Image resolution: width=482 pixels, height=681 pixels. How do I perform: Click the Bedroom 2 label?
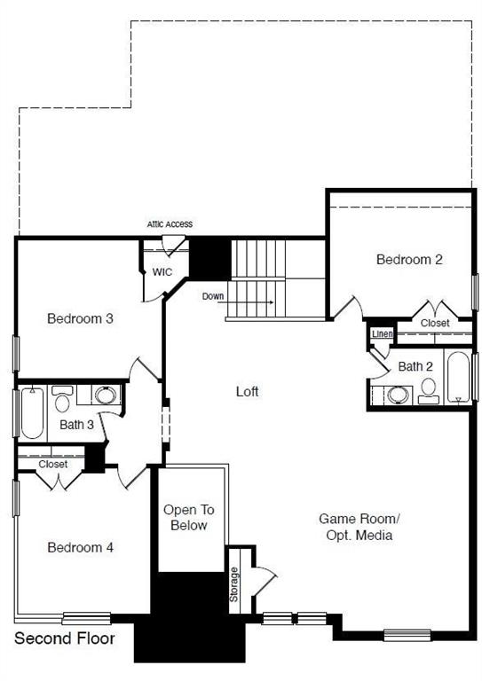click(409, 260)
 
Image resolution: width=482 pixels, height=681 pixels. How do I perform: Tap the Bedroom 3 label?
click(80, 318)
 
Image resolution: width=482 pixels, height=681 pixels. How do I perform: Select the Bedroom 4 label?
click(80, 548)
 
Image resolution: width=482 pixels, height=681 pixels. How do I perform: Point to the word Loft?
click(248, 391)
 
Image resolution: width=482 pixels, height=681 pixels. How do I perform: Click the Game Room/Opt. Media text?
click(360, 527)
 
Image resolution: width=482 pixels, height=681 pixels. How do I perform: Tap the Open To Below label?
click(188, 518)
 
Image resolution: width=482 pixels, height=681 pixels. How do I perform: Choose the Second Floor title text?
click(64, 638)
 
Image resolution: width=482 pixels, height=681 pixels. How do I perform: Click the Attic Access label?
click(170, 224)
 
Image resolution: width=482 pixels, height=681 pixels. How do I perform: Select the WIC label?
click(162, 271)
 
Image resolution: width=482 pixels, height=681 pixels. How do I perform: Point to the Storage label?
click(234, 584)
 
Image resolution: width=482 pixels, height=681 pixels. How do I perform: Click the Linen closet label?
click(383, 334)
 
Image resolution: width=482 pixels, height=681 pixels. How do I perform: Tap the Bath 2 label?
click(415, 366)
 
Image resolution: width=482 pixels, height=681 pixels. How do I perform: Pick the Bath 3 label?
click(77, 425)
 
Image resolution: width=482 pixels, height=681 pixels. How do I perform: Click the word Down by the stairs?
click(213, 296)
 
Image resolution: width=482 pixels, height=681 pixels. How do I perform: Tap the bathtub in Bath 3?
click(31, 413)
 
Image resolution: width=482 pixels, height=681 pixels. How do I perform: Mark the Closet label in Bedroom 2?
click(435, 324)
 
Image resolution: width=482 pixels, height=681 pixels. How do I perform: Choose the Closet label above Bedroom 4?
click(53, 464)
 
